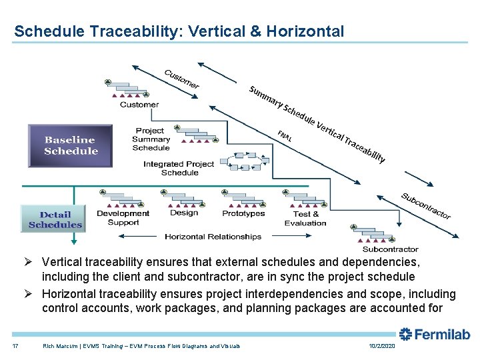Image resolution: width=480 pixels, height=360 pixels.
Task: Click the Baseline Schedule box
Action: pyautogui.click(x=70, y=145)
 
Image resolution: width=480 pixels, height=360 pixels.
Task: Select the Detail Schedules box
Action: pyautogui.click(x=55, y=219)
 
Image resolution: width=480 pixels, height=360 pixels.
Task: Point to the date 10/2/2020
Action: pyautogui.click(x=381, y=345)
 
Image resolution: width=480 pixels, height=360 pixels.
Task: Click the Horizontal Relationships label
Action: pyautogui.click(x=213, y=237)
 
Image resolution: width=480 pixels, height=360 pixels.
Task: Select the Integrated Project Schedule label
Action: pyautogui.click(x=179, y=168)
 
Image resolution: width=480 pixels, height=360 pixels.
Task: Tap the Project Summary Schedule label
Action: pyautogui.click(x=151, y=139)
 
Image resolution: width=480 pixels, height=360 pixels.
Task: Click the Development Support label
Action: pyautogui.click(x=123, y=218)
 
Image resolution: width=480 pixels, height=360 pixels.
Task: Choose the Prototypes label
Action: pyautogui.click(x=243, y=213)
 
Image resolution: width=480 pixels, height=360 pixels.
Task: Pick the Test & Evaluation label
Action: pyautogui.click(x=306, y=218)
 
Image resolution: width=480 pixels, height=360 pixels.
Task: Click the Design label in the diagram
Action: pyautogui.click(x=184, y=213)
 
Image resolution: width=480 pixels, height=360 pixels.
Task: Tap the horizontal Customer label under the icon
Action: pyautogui.click(x=139, y=105)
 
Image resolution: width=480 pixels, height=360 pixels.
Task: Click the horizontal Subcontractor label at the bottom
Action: pyautogui.click(x=390, y=249)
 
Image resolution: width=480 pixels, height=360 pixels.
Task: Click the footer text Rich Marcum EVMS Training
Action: pyautogui.click(x=141, y=345)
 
